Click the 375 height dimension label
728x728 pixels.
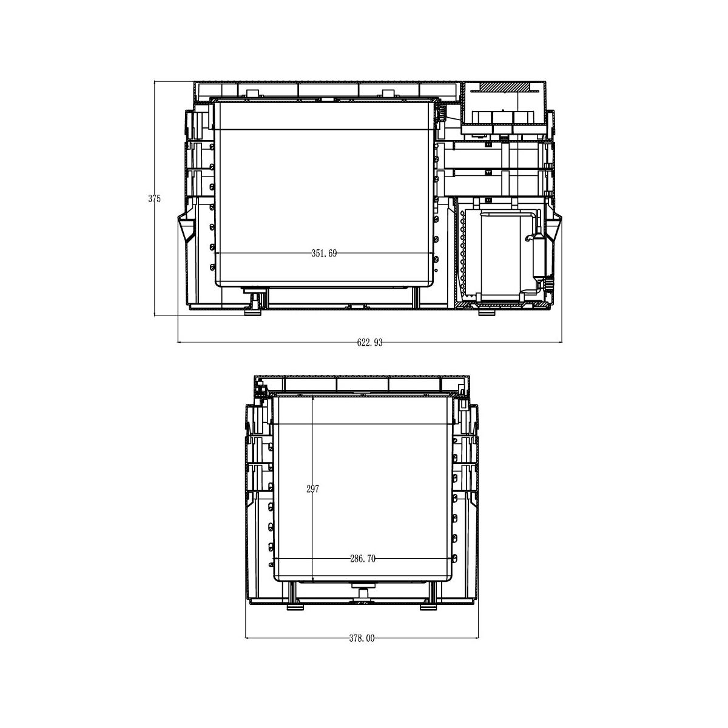pos(155,199)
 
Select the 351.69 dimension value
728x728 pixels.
pos(324,254)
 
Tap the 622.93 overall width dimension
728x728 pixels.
pos(369,343)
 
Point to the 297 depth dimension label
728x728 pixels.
pos(313,489)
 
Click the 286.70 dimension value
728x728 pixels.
pos(363,558)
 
